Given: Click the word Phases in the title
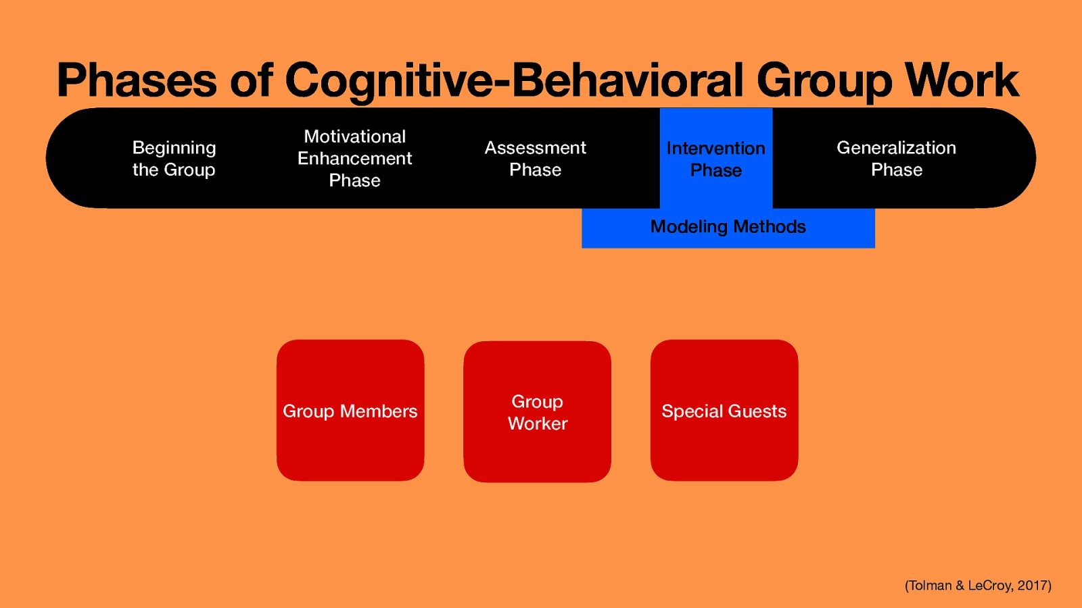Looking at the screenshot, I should (137, 80).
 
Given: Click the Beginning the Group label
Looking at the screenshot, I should (174, 158).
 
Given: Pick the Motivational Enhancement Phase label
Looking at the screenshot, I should (354, 158).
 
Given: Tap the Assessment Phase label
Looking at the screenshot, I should (535, 158).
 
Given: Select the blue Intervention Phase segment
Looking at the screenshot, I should (715, 159).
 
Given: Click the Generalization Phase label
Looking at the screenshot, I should (896, 158).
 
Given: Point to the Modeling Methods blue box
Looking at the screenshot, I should (728, 227).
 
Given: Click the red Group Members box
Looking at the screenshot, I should (350, 410).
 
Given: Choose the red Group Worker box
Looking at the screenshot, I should (537, 412).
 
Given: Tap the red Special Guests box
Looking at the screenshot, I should (724, 410).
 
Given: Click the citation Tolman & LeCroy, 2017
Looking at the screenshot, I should (977, 585).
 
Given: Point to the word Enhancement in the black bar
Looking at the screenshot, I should (354, 158).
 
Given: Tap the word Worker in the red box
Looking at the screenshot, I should (538, 424).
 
